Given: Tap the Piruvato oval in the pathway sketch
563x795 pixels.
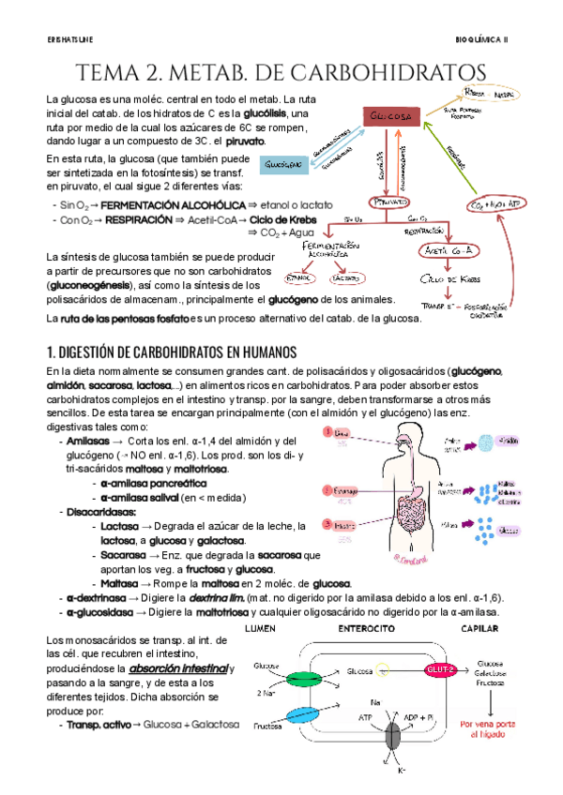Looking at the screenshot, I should (x=386, y=202).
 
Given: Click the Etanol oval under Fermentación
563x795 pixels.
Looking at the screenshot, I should (x=304, y=277).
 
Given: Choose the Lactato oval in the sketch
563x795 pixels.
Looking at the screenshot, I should (x=348, y=277).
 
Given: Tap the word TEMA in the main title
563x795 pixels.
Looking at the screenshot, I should (x=110, y=73).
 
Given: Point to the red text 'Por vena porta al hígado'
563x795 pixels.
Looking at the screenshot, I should (x=491, y=729).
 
